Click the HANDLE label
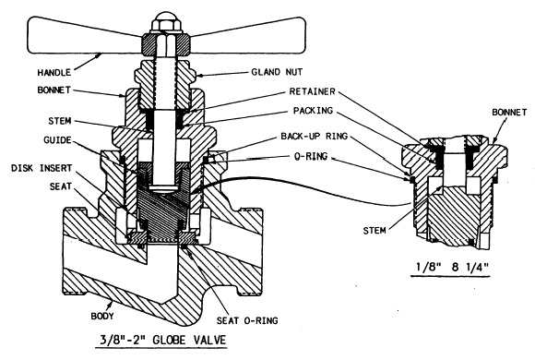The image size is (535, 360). (x=54, y=72)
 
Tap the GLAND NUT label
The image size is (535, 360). (x=277, y=72)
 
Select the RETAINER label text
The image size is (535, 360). (x=312, y=91)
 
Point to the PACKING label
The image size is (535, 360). (x=313, y=111)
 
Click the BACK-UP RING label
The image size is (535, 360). (x=315, y=137)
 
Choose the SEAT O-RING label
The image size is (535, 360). (x=247, y=320)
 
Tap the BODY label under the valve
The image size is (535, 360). (x=102, y=316)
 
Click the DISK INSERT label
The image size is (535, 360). (x=42, y=168)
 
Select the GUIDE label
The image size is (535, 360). (x=57, y=140)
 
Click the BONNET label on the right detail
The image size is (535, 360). (x=509, y=112)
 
